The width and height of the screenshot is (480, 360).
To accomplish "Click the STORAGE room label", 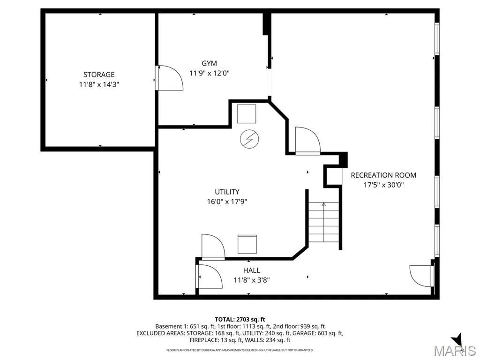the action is (99, 75).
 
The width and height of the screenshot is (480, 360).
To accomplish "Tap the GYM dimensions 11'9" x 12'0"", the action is (210, 73).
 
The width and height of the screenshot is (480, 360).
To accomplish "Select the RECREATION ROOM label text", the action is (383, 175).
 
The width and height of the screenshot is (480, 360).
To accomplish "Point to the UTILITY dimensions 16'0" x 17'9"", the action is (227, 202).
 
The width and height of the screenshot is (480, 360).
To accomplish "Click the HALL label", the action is (252, 270).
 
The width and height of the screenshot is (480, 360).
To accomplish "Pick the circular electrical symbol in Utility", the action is (249, 139).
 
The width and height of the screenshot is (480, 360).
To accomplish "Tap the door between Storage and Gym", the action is (169, 78).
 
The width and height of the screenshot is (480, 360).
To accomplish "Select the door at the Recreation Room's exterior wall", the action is (422, 276).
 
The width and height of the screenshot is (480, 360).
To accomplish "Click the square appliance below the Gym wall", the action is (247, 114).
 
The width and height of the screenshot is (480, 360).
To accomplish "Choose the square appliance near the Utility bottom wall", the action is (247, 244).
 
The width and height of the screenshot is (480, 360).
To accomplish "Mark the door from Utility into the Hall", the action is (213, 247).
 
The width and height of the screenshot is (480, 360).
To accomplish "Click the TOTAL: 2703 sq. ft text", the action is (240, 320).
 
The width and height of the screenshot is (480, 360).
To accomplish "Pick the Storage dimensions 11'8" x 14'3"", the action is (99, 84).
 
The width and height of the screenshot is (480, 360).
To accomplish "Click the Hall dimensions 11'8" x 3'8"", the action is (252, 280).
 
